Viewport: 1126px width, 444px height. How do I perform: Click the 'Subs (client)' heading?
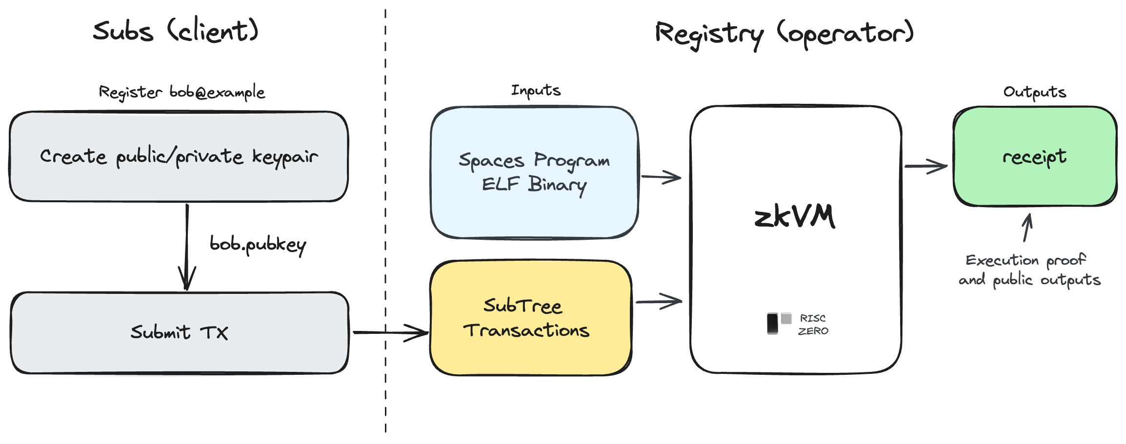tap(176, 31)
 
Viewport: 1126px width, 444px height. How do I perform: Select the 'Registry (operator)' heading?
tap(784, 34)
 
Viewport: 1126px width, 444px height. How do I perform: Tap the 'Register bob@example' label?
tap(182, 92)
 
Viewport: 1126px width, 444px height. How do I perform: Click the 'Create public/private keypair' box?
tap(179, 156)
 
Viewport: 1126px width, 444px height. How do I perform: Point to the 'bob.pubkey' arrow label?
tap(258, 245)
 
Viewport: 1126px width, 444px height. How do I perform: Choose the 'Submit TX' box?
tap(180, 333)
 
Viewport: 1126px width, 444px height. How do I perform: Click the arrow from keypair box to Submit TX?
tap(187, 247)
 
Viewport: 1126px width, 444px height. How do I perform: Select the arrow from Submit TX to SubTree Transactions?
tap(391, 333)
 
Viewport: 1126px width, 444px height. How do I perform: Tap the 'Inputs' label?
tap(536, 90)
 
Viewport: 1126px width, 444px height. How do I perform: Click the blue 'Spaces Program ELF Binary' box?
tap(535, 173)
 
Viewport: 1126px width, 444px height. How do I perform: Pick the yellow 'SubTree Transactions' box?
tap(531, 318)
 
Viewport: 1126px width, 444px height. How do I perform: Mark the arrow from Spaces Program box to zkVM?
tap(661, 177)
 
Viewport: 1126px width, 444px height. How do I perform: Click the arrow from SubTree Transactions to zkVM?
tap(659, 302)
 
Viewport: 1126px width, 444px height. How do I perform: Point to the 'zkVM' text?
tap(795, 217)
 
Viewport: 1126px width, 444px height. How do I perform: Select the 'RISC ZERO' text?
tap(813, 325)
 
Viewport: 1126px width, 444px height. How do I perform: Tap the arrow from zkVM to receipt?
tap(926, 166)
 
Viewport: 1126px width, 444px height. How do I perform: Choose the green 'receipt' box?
tap(1035, 156)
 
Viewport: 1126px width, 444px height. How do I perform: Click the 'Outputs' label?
tap(1035, 92)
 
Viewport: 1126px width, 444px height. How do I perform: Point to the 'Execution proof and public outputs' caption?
tap(1030, 270)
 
